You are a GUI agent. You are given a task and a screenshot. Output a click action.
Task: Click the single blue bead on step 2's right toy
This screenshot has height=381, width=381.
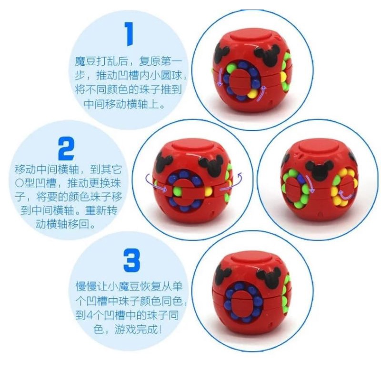click(301, 179)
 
